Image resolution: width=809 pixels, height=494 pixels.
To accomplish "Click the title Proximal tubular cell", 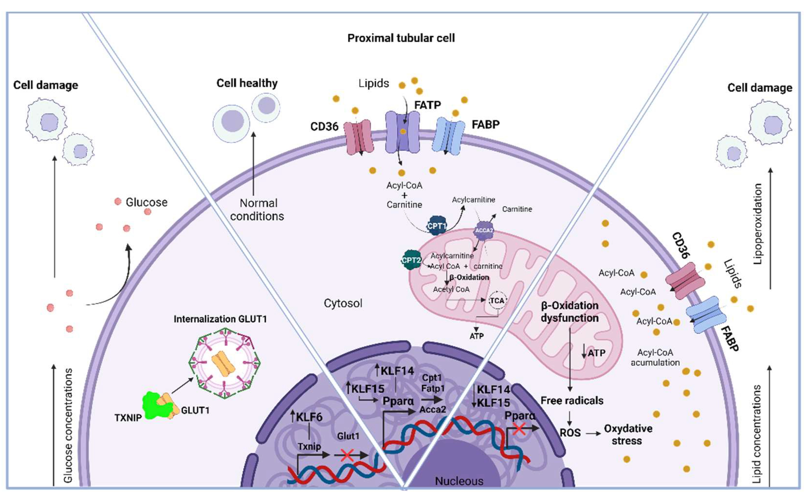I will (x=401, y=38).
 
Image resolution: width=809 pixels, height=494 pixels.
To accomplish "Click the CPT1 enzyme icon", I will (x=437, y=226).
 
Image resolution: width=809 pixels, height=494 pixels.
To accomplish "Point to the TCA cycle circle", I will (x=497, y=301).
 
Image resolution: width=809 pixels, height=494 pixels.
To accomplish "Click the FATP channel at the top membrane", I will (x=402, y=132).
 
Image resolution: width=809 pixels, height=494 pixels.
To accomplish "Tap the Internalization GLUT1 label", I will (x=220, y=319).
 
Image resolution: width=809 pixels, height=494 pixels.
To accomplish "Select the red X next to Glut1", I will (x=347, y=455).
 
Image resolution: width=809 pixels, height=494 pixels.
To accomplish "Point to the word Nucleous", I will (x=459, y=481).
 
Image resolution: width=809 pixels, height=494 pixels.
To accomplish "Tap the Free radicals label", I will (x=572, y=401).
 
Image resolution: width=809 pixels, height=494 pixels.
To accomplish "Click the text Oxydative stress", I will (x=628, y=435).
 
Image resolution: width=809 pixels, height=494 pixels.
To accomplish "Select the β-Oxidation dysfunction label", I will (x=570, y=312).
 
